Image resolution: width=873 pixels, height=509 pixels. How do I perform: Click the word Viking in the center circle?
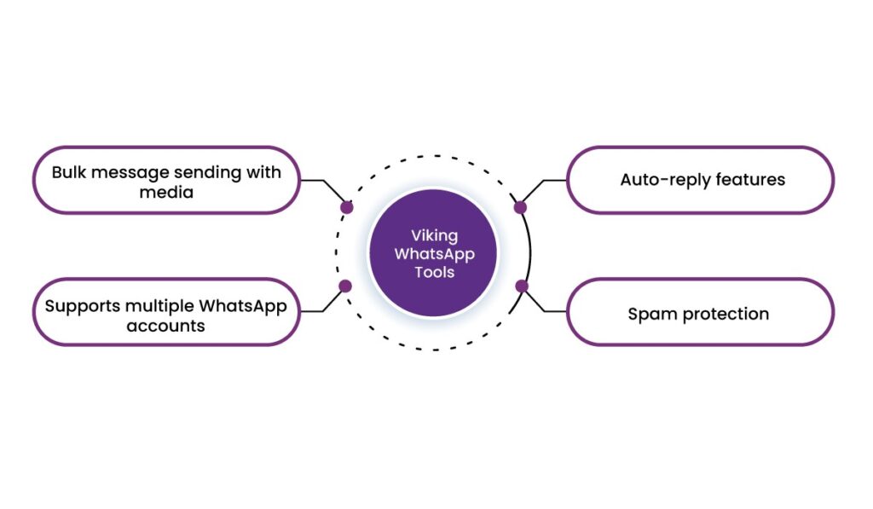tap(434, 236)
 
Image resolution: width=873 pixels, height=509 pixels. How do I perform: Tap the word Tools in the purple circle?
tap(434, 273)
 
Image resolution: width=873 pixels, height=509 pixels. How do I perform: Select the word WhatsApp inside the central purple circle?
tap(434, 254)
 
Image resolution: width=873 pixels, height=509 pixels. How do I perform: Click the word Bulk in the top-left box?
tap(69, 171)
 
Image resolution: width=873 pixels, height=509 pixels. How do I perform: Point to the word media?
tap(166, 193)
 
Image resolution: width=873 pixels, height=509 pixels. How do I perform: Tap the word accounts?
tap(166, 326)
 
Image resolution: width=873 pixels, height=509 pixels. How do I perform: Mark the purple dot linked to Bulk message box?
tap(346, 207)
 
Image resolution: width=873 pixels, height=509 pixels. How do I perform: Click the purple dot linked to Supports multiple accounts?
tap(345, 286)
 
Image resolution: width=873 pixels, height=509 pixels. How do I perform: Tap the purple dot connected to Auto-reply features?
tap(521, 207)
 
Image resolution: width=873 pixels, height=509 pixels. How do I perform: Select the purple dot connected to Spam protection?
tap(522, 286)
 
